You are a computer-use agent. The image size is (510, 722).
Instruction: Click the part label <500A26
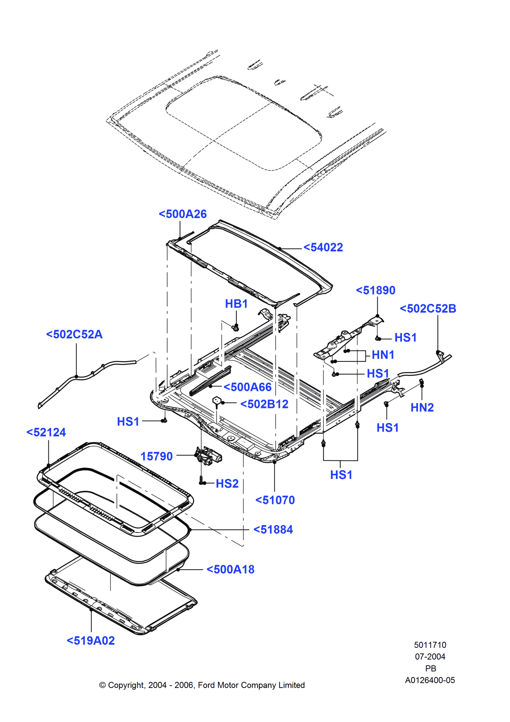(x=183, y=214)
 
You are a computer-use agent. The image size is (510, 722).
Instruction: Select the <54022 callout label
(x=323, y=247)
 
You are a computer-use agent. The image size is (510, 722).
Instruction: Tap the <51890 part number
(x=375, y=290)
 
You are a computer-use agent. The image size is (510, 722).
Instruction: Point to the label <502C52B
(x=428, y=309)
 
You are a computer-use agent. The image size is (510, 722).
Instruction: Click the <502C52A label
(x=74, y=334)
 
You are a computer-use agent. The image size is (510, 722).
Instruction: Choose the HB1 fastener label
(x=236, y=304)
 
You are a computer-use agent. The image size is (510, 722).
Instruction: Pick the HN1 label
(x=383, y=355)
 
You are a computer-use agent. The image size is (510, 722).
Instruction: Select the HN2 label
(x=422, y=408)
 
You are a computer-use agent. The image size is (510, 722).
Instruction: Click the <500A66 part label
(x=247, y=387)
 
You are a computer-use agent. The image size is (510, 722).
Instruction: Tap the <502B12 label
(x=264, y=404)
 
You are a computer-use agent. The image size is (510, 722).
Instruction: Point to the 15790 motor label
(x=156, y=457)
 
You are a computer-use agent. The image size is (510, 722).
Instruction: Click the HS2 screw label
(x=227, y=483)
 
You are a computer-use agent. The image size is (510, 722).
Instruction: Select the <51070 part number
(x=275, y=500)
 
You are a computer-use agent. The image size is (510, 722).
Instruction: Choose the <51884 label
(x=273, y=530)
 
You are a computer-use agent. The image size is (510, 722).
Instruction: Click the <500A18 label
(x=230, y=569)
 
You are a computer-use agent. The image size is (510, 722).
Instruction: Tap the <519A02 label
(x=91, y=641)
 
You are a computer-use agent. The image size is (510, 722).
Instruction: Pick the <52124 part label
(x=46, y=432)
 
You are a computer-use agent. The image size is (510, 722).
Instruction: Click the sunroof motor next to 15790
(x=208, y=456)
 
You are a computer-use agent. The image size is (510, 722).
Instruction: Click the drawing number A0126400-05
(x=430, y=680)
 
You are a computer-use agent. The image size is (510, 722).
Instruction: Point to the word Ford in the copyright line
(x=206, y=685)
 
